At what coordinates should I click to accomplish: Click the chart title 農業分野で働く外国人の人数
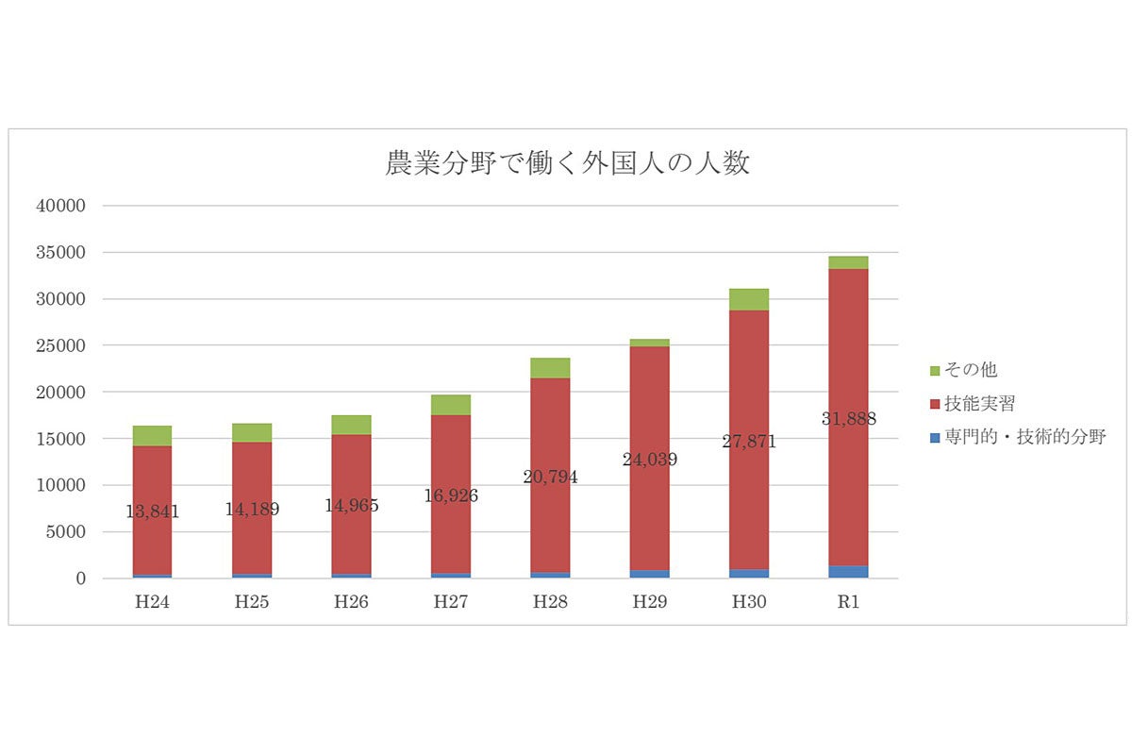pos(567,163)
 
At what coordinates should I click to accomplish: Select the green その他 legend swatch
pos(935,370)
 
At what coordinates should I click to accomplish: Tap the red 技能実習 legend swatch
pos(935,404)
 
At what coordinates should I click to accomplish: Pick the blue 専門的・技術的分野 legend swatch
pos(935,437)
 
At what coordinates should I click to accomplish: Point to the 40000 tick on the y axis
pos(60,206)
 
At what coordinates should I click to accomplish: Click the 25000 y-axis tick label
pos(60,345)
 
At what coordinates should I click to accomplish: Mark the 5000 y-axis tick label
pos(66,531)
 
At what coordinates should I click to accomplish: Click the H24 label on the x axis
pos(152,602)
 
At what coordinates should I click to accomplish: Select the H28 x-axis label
pos(550,602)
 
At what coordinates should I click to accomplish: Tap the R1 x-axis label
pos(848,602)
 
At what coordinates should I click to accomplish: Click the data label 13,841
pos(152,512)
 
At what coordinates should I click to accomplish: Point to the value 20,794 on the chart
pos(550,477)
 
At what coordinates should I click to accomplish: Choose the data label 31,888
pos(848,418)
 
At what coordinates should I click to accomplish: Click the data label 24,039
pos(649,461)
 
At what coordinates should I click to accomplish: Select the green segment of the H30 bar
pos(749,299)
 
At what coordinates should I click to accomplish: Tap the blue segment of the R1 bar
pos(848,571)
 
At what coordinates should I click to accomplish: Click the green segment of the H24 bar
pos(152,435)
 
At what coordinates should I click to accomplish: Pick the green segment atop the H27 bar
pos(451,405)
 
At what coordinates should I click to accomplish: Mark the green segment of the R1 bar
pos(848,262)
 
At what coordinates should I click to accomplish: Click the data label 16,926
pos(451,495)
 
